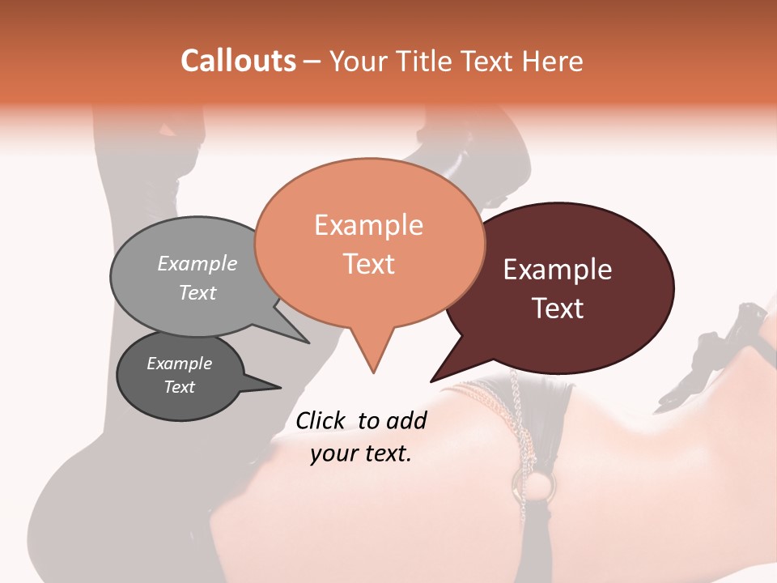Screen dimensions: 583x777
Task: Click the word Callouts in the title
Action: [238, 61]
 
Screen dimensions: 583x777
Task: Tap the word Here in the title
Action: [554, 61]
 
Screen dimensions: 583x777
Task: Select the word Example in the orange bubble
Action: [368, 225]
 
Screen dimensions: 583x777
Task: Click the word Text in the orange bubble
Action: [368, 264]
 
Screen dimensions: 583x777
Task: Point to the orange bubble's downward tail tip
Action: [373, 372]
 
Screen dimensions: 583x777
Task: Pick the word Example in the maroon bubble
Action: [558, 270]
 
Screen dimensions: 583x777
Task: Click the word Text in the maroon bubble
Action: [558, 309]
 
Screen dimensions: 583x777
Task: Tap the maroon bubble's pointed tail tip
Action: [431, 381]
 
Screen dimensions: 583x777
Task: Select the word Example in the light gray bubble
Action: [197, 263]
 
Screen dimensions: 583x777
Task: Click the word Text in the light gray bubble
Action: [197, 292]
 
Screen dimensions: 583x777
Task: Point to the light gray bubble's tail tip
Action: [309, 343]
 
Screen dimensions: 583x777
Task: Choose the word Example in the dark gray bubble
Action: [179, 364]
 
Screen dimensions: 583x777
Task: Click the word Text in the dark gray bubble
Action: [179, 387]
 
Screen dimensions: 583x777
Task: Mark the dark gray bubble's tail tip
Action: [281, 387]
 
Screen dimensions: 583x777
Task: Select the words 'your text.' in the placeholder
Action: [361, 454]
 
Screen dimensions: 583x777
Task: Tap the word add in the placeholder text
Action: [406, 420]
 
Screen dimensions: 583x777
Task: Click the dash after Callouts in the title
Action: [312, 62]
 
